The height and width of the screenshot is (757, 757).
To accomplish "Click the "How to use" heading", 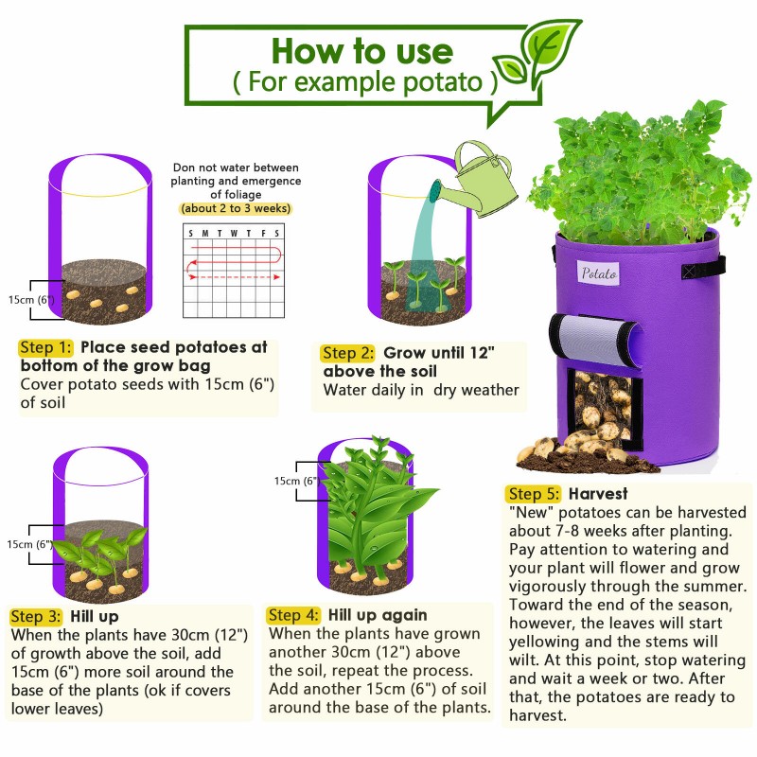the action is (x=362, y=51).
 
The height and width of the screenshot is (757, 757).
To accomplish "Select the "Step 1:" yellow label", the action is (x=45, y=347).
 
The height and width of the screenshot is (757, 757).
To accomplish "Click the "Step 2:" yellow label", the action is (x=347, y=353).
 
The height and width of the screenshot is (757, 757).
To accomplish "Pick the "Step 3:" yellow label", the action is (x=36, y=617).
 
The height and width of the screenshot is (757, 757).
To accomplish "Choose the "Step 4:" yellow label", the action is (x=293, y=615).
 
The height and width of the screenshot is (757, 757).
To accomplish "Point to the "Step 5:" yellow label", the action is (x=534, y=494).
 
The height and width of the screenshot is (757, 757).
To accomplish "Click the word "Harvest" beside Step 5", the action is (x=598, y=494).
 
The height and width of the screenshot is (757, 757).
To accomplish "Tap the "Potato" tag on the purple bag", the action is (x=599, y=273).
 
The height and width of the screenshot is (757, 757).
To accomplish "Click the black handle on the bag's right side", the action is (x=703, y=268).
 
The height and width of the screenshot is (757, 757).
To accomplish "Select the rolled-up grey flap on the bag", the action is (x=595, y=340).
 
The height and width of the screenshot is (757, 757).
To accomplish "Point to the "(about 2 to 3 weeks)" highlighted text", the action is (x=236, y=208).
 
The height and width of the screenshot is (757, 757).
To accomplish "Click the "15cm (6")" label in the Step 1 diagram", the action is (x=31, y=299).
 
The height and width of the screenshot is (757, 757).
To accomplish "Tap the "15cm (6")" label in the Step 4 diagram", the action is (x=297, y=481).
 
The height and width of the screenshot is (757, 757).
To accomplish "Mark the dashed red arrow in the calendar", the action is (x=235, y=277).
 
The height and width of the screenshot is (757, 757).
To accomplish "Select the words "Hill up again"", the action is (x=378, y=615).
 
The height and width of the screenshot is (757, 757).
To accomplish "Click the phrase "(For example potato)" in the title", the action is (x=365, y=82).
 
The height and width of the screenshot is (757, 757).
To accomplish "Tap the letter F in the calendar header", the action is (x=264, y=233).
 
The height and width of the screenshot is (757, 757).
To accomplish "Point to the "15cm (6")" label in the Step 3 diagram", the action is (x=29, y=544).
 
